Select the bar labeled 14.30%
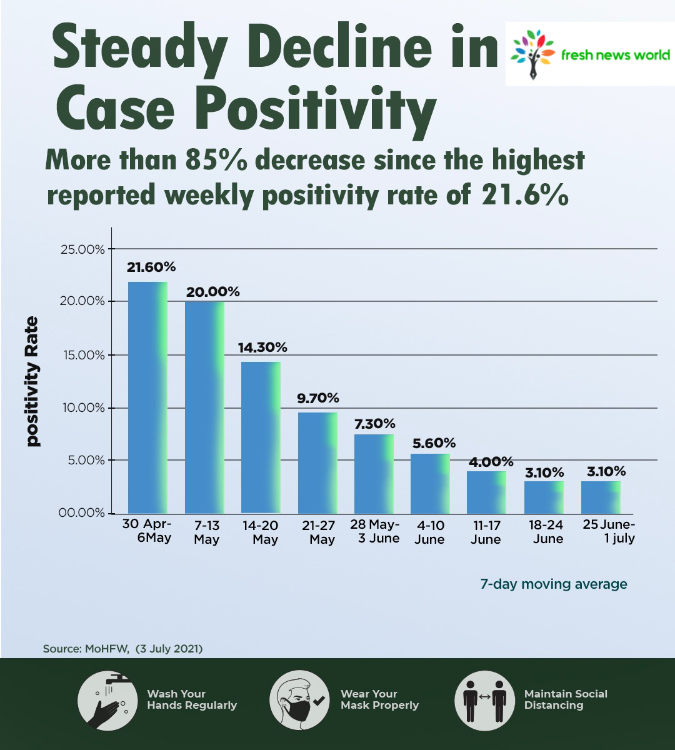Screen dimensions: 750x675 [261, 437]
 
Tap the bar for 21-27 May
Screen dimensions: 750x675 [317, 462]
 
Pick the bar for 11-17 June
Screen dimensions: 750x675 [486, 492]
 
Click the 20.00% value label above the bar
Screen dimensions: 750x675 [212, 292]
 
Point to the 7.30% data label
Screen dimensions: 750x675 [374, 424]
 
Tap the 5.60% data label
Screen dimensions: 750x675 [434, 443]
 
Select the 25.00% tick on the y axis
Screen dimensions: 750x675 [82, 249]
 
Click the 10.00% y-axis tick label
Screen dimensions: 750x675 [82, 408]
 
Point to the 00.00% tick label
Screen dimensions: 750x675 [82, 513]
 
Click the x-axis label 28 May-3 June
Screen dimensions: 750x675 [375, 531]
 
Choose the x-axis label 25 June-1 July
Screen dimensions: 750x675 [609, 531]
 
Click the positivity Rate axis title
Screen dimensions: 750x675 [32, 381]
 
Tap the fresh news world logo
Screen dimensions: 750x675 [590, 54]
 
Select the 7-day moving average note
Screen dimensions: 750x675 [553, 584]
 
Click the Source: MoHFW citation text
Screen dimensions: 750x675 [122, 649]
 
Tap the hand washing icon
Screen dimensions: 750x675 [107, 701]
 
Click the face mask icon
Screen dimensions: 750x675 [299, 701]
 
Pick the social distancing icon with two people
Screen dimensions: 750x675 [484, 701]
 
